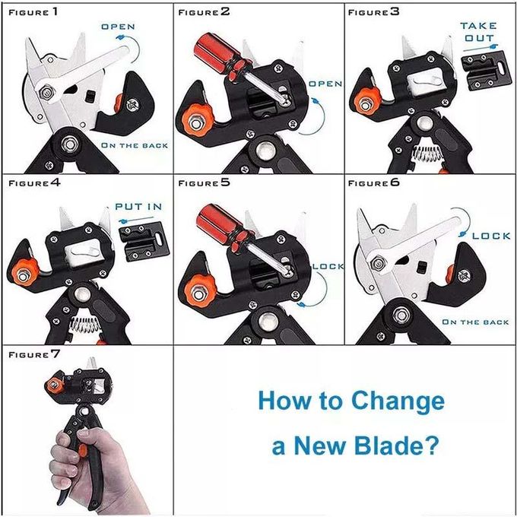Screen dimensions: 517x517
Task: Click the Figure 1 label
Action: point(33,12)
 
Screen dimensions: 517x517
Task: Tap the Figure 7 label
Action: point(34,354)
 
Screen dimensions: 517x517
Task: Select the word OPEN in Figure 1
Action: point(118,27)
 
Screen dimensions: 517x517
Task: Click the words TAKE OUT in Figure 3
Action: point(478,32)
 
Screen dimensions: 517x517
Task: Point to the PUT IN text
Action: point(138,207)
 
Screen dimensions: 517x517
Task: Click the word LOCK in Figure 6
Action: point(491,236)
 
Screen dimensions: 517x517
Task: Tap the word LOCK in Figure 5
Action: point(328,266)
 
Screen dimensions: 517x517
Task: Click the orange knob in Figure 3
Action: point(366,102)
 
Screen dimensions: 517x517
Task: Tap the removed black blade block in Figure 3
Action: point(487,70)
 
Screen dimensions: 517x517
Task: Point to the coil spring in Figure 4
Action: point(85,324)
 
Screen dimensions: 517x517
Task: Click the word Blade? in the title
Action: point(397,445)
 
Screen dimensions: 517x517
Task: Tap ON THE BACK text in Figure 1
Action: point(135,145)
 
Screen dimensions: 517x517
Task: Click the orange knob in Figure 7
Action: point(54,385)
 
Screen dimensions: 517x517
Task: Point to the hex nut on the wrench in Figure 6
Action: point(378,264)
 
